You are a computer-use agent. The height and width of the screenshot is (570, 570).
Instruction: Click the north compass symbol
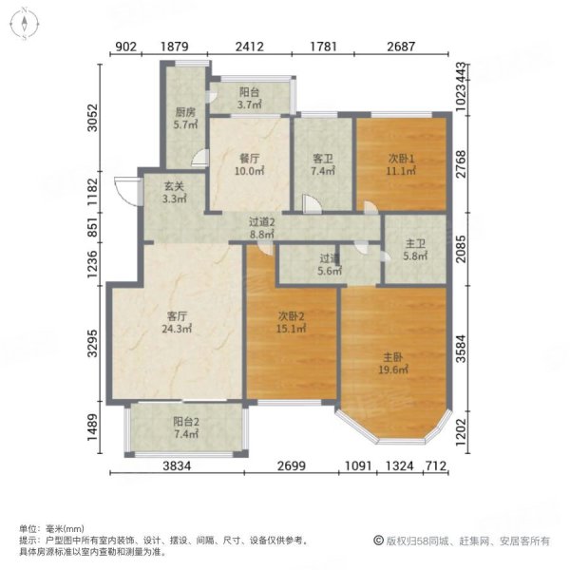pyautogui.click(x=23, y=25)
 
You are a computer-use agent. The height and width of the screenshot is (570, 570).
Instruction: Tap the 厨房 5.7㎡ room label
pyautogui.click(x=184, y=119)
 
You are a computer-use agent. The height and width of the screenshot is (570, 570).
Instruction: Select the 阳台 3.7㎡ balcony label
pyautogui.click(x=250, y=99)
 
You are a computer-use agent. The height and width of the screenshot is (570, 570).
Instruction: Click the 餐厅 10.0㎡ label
pyautogui.click(x=249, y=166)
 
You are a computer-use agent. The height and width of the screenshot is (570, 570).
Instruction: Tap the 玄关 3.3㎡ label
pyautogui.click(x=173, y=194)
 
